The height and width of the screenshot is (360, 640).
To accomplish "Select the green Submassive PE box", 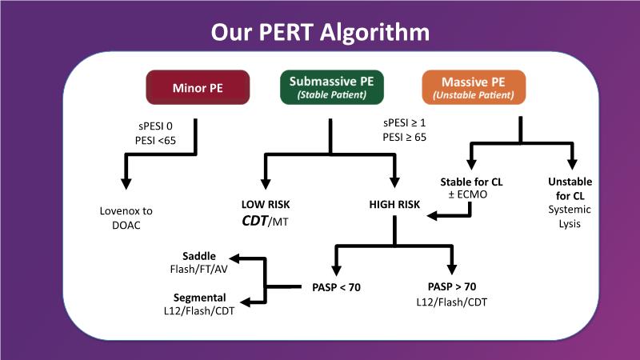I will (330, 87).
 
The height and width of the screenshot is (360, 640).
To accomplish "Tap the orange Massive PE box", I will (474, 87).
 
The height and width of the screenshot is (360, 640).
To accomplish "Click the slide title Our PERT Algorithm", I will (320, 32).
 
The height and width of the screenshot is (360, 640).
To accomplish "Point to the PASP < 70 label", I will (335, 286).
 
